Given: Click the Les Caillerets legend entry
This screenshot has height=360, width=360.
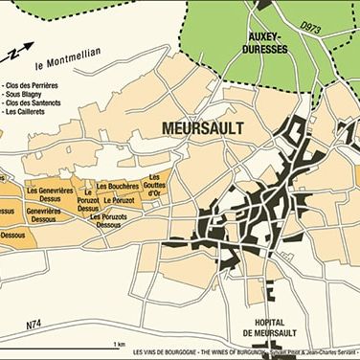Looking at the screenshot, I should pos(31,118).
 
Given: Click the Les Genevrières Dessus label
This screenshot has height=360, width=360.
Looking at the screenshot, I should pos(56,194).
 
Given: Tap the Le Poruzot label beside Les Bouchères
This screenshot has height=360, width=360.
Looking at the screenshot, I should pos(124,202).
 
